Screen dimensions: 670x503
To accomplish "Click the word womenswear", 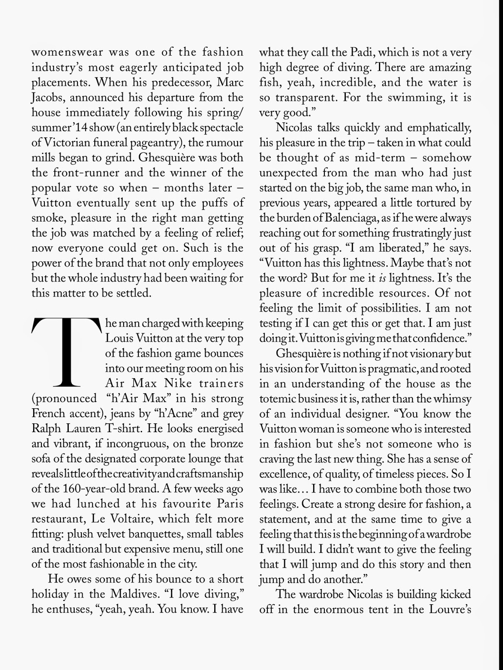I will (x=65, y=53).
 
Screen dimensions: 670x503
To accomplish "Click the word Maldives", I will (x=138, y=594).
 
